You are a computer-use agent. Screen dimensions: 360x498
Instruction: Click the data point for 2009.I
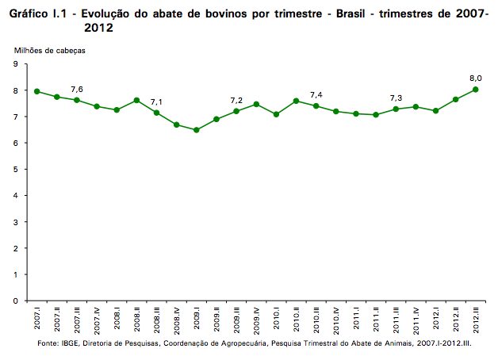coord(197,130)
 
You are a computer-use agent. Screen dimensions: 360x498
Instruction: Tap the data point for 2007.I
coord(36,91)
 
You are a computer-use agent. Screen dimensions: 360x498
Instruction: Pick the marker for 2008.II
coord(136,101)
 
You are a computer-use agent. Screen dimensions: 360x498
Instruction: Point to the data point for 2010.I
coord(277,114)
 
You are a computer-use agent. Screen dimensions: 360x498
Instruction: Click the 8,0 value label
coord(477,78)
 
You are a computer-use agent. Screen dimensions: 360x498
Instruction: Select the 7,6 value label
coord(77,89)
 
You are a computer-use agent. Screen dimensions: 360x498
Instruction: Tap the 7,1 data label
coord(156,102)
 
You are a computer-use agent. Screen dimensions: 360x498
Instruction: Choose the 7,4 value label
coord(316,95)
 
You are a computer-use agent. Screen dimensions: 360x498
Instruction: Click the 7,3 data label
coord(396,98)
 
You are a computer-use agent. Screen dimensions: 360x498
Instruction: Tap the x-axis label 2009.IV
coord(257,320)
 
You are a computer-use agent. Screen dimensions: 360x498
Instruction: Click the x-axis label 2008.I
coord(117,320)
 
